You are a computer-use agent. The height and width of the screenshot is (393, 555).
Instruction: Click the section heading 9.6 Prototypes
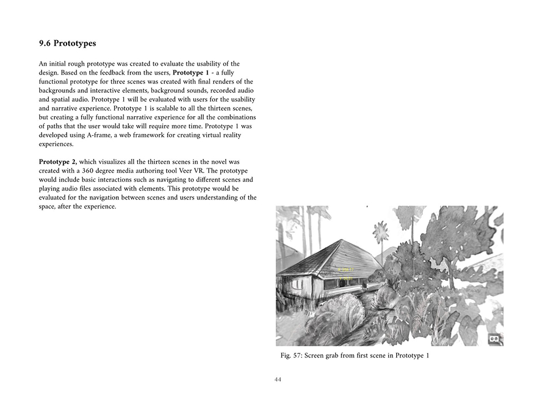click(x=68, y=43)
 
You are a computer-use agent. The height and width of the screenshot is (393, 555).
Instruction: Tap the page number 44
click(x=277, y=380)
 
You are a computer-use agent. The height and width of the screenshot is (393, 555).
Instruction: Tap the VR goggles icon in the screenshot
click(x=493, y=338)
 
